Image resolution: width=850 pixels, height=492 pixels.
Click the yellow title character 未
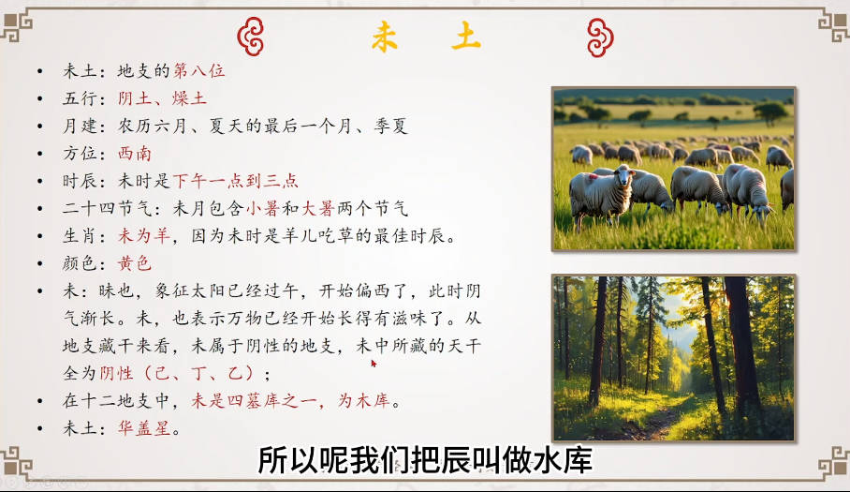click(385, 37)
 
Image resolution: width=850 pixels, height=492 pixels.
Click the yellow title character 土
click(466, 37)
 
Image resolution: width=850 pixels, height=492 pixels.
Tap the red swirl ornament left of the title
click(251, 37)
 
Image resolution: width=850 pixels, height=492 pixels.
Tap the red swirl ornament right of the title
click(600, 37)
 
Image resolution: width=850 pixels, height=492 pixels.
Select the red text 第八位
click(198, 70)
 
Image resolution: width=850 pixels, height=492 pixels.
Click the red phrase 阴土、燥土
click(162, 98)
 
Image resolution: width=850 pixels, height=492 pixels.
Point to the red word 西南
click(135, 154)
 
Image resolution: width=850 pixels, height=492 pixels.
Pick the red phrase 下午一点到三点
click(236, 181)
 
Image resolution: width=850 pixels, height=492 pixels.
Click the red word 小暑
click(263, 208)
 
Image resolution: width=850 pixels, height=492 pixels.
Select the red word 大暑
click(317, 208)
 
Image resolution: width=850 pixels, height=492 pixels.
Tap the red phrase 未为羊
click(144, 236)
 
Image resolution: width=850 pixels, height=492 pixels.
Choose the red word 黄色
click(135, 263)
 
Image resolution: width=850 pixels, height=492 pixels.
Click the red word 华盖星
click(144, 428)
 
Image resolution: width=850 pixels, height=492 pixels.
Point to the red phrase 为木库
click(364, 401)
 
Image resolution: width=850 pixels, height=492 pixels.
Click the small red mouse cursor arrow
click(374, 363)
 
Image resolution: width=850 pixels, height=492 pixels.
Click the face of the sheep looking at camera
click(624, 177)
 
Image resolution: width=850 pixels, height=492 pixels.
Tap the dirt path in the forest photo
click(648, 422)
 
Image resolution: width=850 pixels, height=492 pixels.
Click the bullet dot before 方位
click(40, 154)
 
